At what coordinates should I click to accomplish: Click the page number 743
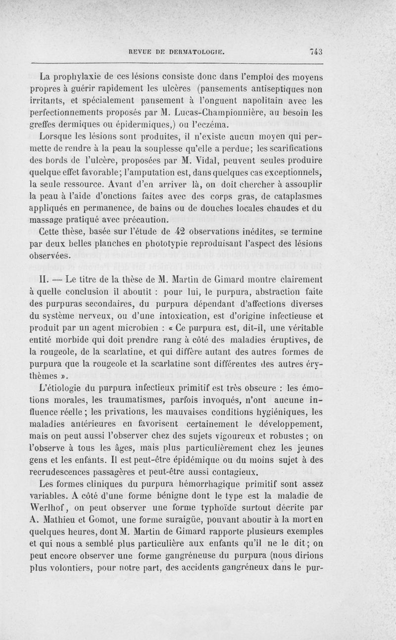[x=315, y=50]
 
